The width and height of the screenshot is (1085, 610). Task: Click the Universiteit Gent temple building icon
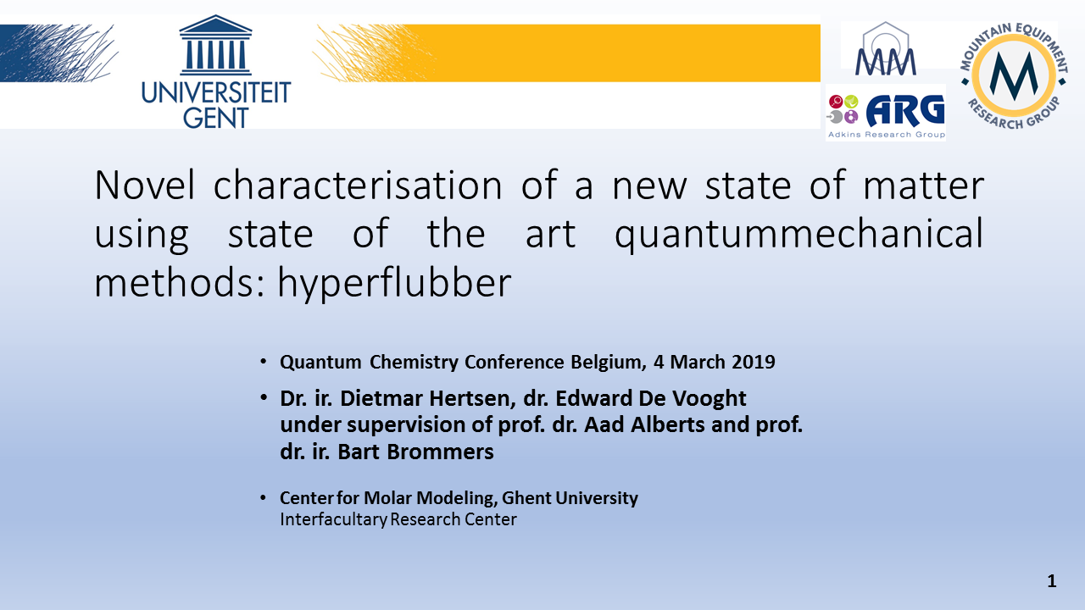[x=215, y=45]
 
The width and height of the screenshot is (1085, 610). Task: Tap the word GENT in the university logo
[x=216, y=118]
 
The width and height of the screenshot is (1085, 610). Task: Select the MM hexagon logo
[x=886, y=48]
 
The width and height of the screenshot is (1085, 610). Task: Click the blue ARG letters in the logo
[x=905, y=110]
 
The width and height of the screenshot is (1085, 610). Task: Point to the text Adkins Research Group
[x=887, y=135]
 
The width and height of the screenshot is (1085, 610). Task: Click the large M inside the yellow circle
[x=1014, y=75]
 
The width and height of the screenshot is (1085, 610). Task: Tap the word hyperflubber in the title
[x=394, y=284]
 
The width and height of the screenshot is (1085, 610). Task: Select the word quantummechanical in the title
[x=798, y=235]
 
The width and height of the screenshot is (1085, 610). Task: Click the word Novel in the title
[x=144, y=185]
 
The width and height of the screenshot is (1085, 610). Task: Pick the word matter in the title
[x=924, y=186]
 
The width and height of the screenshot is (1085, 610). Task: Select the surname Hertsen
[x=473, y=399]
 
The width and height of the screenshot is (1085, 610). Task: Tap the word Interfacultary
[x=334, y=519]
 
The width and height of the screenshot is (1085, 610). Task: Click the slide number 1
[x=1052, y=581]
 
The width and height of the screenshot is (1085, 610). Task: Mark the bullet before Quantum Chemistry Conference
[x=263, y=362]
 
